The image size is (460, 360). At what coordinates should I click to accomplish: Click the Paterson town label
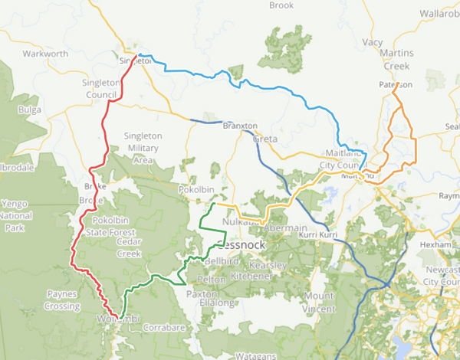[396, 84]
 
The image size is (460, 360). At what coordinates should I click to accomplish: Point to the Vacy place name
[373, 42]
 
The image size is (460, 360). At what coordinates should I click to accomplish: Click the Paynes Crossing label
[63, 299]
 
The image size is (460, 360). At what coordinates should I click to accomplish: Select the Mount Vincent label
[319, 301]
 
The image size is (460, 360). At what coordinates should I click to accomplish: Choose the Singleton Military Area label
[143, 147]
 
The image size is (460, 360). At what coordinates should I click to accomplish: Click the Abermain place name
[284, 229]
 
